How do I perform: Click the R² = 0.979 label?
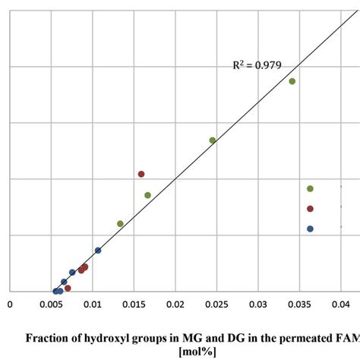[x=257, y=65]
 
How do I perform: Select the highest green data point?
[x=292, y=81]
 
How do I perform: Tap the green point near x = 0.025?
[x=213, y=140]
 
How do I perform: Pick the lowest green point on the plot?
[x=120, y=223]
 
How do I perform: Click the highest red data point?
[x=141, y=174]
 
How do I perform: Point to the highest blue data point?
[x=98, y=250]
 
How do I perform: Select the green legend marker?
[x=310, y=188]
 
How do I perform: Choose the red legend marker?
[x=310, y=209]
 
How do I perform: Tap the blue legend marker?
[x=310, y=229]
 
